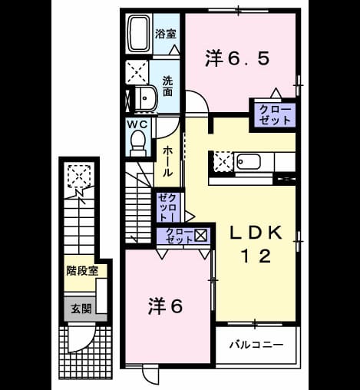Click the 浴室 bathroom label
166,34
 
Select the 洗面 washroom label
167,86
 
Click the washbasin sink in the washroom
146,98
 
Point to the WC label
137,124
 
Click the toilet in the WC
138,144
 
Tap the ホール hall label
167,161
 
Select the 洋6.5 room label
237,58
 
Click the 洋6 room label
166,306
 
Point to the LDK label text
256,233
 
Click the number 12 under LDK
256,256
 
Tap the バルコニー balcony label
256,345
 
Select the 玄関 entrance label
81,309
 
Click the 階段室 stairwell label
82,271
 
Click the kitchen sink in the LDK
249,162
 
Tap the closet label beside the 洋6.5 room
275,115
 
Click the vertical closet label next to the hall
167,207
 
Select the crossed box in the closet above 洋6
201,235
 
